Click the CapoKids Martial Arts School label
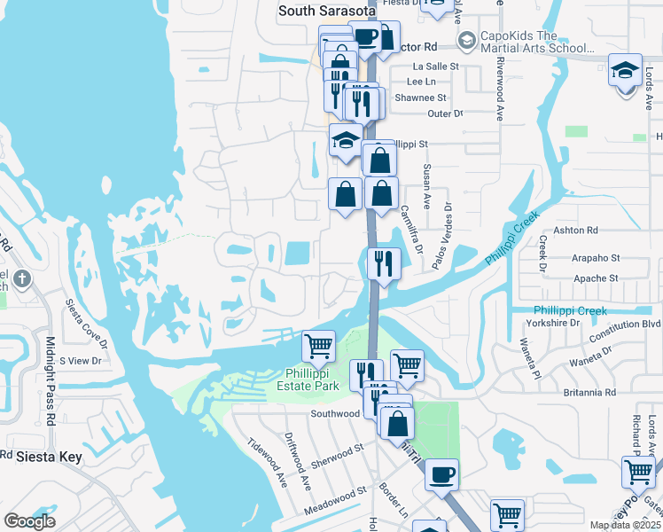[x=532, y=42]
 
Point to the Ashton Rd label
[x=576, y=230]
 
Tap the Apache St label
[x=597, y=278]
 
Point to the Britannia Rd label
[x=589, y=391]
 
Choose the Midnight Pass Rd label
[x=51, y=381]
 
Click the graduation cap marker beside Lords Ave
[x=625, y=70]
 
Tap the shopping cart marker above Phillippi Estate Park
[x=318, y=346]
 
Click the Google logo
[x=29, y=521]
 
